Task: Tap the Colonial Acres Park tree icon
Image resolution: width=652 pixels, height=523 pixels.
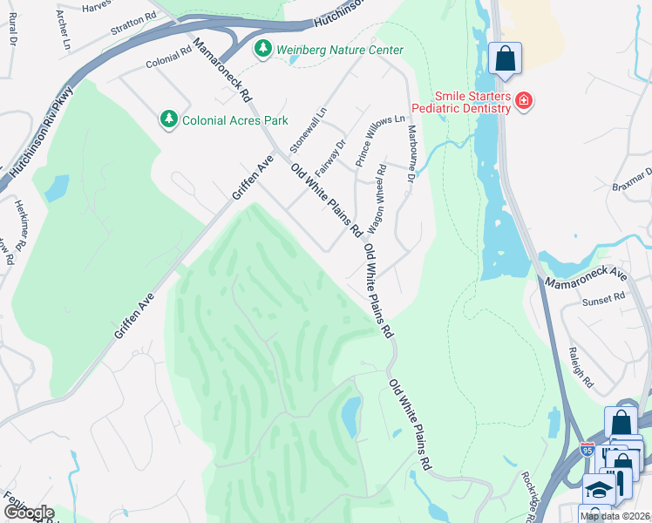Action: [x=168, y=118]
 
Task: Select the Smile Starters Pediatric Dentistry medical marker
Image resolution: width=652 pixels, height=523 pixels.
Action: [x=523, y=101]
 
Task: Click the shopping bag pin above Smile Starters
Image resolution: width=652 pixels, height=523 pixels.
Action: [x=505, y=59]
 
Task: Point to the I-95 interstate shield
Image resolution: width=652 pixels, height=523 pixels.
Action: [x=588, y=451]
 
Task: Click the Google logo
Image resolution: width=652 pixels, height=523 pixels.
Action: [x=28, y=513]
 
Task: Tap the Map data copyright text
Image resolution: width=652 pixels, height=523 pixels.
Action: [x=615, y=516]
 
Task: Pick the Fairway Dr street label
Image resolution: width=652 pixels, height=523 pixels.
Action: [x=336, y=156]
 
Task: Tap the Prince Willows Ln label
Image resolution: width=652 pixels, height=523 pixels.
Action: [x=379, y=140]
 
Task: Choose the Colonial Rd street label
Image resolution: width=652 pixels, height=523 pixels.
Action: [x=168, y=58]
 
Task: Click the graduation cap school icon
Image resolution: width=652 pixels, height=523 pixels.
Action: [x=598, y=490]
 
